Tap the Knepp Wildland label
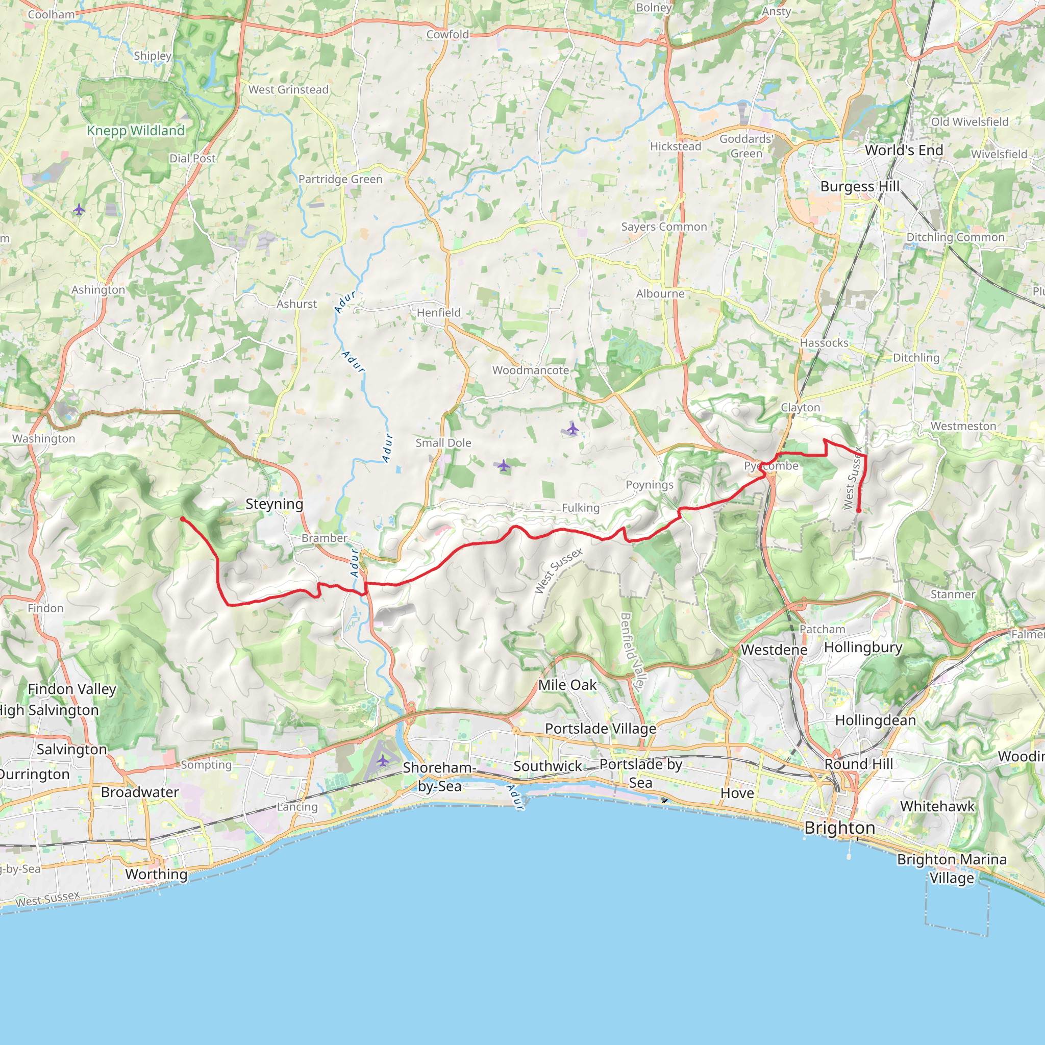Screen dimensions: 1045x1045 pyautogui.click(x=136, y=131)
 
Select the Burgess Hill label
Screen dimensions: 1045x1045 pyautogui.click(x=859, y=187)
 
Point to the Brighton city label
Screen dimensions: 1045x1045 pyautogui.click(x=839, y=828)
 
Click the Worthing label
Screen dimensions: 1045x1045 pyautogui.click(x=156, y=874)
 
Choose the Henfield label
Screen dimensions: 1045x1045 pyautogui.click(x=439, y=313)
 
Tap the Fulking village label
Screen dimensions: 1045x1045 pyautogui.click(x=580, y=508)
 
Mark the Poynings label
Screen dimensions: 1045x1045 pyautogui.click(x=649, y=485)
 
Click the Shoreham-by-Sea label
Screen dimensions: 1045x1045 pyautogui.click(x=439, y=777)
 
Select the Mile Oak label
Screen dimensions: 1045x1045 pyautogui.click(x=567, y=685)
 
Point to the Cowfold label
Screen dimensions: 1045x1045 pyautogui.click(x=447, y=35)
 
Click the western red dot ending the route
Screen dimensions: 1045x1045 pyautogui.click(x=183, y=519)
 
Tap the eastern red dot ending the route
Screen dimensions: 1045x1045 pyautogui.click(x=858, y=510)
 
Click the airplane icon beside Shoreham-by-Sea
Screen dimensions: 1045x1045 pyautogui.click(x=382, y=761)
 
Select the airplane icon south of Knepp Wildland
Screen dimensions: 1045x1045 pyautogui.click(x=79, y=209)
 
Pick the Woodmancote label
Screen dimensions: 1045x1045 pyautogui.click(x=530, y=370)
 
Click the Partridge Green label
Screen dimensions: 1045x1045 pyautogui.click(x=340, y=180)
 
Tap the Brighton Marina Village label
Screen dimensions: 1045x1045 pyautogui.click(x=952, y=868)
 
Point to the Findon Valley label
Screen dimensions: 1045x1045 pyautogui.click(x=72, y=689)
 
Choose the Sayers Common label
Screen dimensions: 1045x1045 pyautogui.click(x=664, y=227)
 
